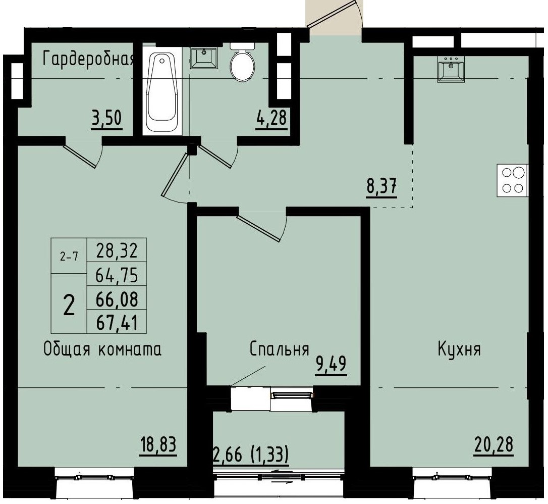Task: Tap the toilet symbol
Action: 243,63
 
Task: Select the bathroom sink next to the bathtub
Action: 203,58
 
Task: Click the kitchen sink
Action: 452,68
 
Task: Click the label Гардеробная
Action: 89,60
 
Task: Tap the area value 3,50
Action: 107,120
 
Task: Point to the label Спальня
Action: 279,349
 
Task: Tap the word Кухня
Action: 459,349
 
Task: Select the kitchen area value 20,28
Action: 494,445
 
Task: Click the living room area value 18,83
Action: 158,446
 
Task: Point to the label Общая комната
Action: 103,349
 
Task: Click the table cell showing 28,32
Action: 117,249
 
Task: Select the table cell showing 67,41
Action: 117,322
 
